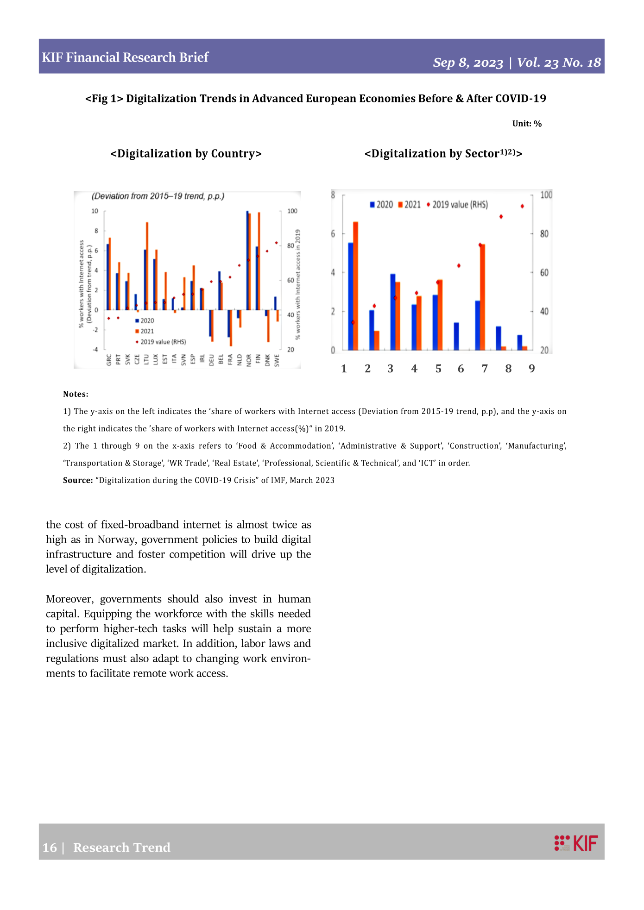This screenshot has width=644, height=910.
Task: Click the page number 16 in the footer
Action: pos(49,847)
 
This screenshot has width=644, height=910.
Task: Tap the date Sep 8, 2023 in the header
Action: pos(468,63)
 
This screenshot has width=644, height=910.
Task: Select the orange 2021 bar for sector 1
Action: pos(355,286)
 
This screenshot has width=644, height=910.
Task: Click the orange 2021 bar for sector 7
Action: pos(482,297)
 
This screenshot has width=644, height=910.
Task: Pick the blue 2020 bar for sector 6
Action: pos(456,336)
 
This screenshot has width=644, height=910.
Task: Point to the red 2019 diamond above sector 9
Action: pos(522,206)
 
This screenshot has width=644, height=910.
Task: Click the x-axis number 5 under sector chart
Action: pos(438,369)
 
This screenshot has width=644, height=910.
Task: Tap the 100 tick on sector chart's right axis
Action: pos(546,195)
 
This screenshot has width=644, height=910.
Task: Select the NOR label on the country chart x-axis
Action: pos(249,360)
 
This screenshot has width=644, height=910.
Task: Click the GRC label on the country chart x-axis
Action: pos(109,360)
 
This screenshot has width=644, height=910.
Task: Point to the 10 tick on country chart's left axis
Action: pos(95,211)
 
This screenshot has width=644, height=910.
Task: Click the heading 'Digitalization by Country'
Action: pos(186,154)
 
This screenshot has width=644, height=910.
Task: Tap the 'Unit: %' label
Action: pos(527,124)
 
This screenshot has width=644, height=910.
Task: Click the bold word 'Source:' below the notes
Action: pos(78,480)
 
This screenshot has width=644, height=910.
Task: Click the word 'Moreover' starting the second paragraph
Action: pos(69,599)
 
